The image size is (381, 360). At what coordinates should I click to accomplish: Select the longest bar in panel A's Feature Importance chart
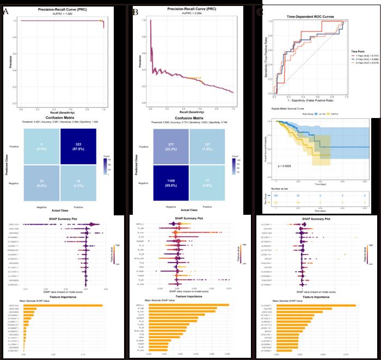click(67, 306)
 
